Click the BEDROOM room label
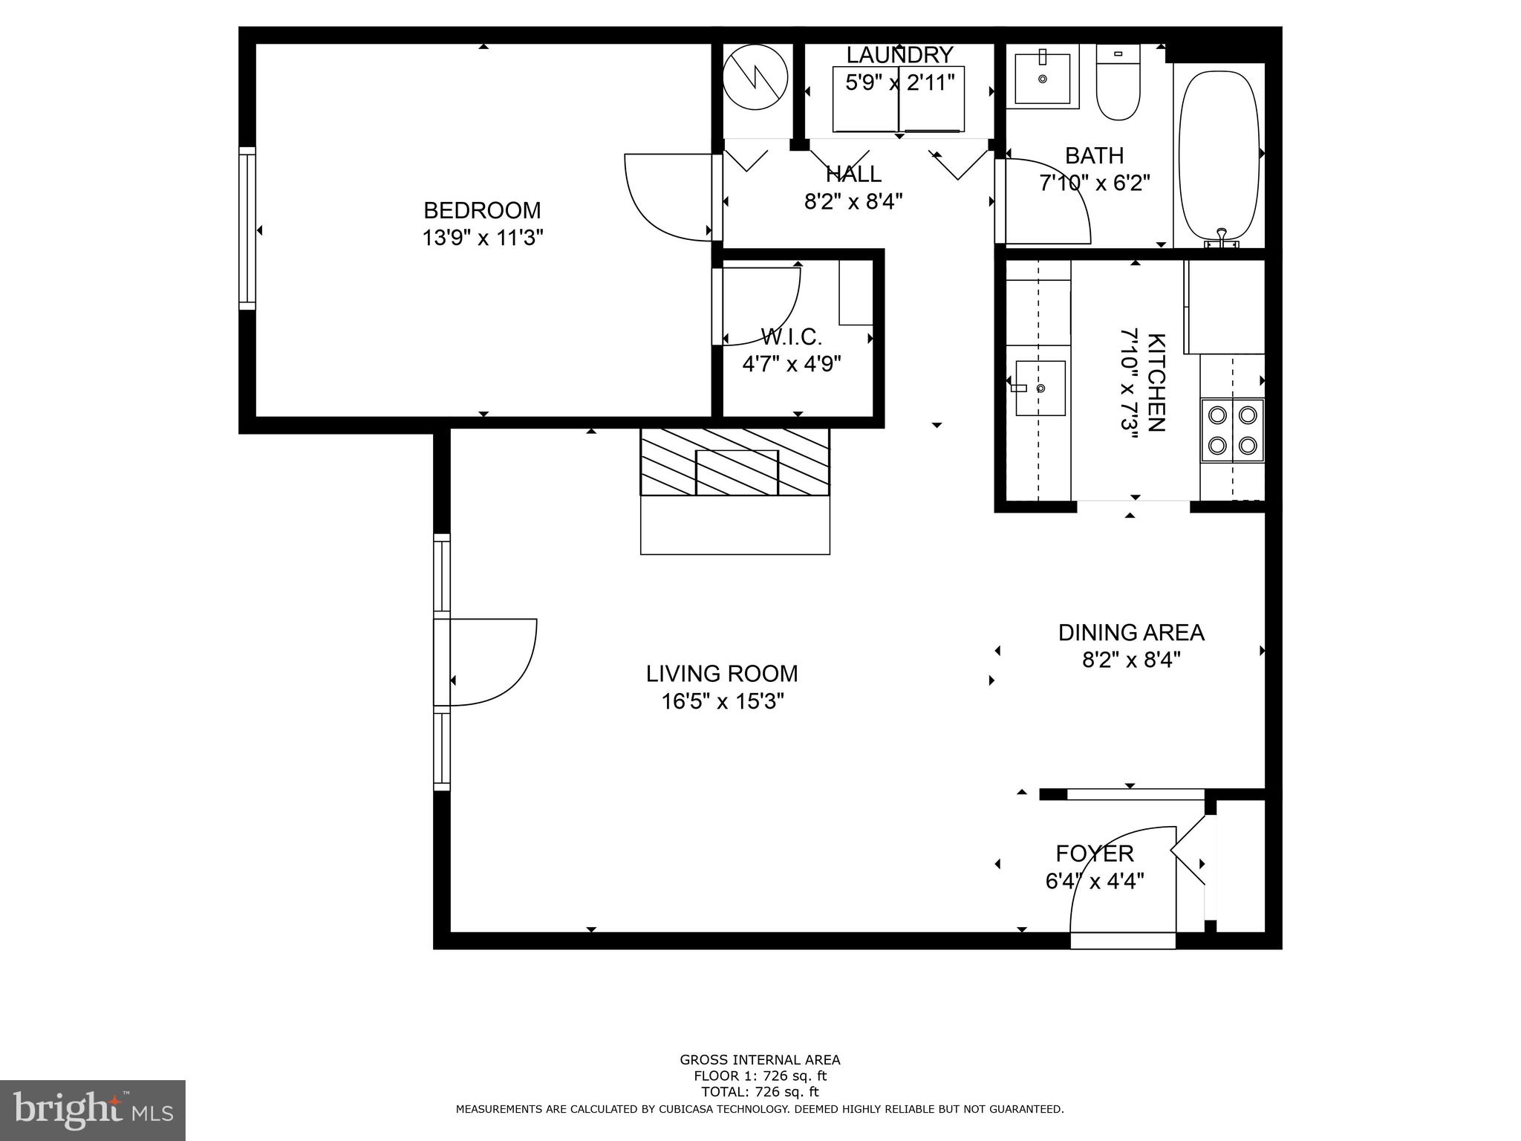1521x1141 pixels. [482, 210]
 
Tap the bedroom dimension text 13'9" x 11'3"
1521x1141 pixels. [483, 238]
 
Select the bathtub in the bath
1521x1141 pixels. [1219, 155]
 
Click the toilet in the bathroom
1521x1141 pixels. [1118, 83]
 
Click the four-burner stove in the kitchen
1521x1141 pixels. [1232, 430]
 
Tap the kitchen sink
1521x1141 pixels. [1040, 388]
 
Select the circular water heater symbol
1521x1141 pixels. [755, 77]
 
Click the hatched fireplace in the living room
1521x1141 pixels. [735, 461]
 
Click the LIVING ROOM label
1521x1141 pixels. [721, 674]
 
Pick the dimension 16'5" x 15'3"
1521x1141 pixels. [723, 701]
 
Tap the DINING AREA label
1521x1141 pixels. [1130, 633]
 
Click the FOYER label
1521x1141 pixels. [1095, 854]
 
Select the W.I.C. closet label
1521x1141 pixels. [791, 338]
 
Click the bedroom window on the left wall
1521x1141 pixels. [247, 228]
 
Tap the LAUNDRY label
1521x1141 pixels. [899, 55]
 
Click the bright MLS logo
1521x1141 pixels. [92, 1110]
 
